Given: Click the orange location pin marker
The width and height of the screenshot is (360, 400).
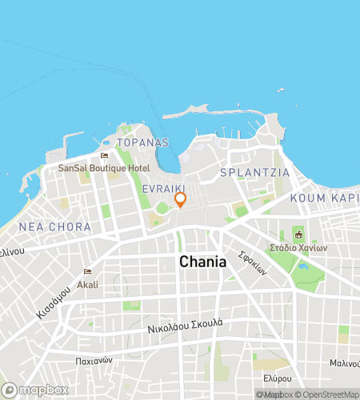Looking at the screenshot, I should [181, 199].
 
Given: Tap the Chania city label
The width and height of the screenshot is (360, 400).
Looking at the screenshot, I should [202, 262].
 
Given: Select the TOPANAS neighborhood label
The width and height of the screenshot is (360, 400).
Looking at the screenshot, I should [142, 142].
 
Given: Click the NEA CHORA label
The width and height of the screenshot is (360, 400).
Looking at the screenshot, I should [54, 227].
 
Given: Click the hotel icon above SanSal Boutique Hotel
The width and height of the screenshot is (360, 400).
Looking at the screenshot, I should [104, 156].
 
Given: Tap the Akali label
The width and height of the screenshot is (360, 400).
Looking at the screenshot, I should [87, 284].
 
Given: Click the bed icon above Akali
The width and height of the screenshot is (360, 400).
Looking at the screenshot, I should [87, 272].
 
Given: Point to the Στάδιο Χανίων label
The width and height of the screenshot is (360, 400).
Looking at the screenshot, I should [300, 247].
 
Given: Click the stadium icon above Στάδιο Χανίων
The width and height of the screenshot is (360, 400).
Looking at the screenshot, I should [299, 234].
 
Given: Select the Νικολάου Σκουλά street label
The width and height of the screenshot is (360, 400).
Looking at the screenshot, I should [186, 326].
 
